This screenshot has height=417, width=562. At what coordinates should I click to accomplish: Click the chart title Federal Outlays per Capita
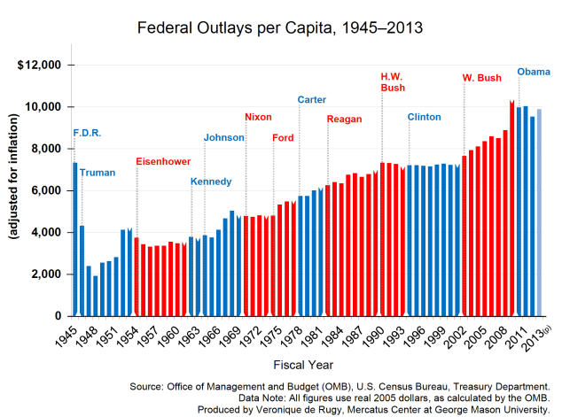point(280,28)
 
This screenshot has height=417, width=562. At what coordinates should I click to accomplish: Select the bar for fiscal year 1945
point(75,239)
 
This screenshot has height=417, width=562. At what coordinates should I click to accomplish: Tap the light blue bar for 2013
point(539,212)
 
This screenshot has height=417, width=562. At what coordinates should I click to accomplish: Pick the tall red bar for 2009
point(511,209)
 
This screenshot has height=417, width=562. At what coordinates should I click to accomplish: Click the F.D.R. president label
point(87,134)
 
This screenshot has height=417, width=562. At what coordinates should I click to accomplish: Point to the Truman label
point(98,173)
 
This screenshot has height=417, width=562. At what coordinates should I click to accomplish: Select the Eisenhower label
point(164,161)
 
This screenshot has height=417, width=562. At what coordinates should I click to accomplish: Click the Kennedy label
point(211,181)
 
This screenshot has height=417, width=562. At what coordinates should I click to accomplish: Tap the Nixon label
point(260,117)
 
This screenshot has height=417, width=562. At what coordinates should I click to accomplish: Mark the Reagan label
point(344,119)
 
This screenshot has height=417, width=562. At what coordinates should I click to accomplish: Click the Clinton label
point(425,117)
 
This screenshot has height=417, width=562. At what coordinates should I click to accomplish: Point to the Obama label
point(534,72)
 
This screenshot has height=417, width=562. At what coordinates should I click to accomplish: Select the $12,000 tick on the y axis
point(40,66)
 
